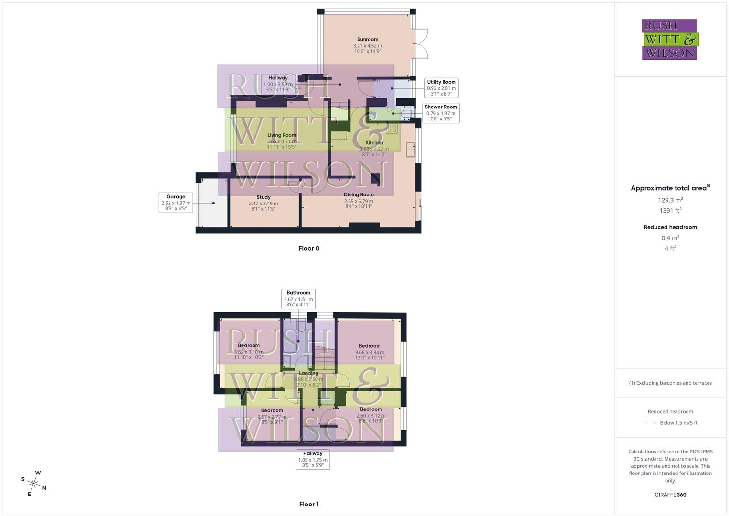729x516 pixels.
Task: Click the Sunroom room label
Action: [x=368, y=40]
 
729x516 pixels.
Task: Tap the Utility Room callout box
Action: [x=441, y=88]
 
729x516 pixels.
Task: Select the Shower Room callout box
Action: [x=441, y=113]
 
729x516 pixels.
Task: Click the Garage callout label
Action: [x=176, y=203]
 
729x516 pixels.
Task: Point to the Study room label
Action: [x=264, y=197]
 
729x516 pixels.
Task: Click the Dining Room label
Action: [x=359, y=195]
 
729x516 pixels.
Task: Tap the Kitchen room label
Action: [x=374, y=143]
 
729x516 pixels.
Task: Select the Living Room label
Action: [x=282, y=135]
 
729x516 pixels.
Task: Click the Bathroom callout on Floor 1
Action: [x=298, y=299]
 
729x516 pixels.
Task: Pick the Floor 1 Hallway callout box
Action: [x=313, y=459]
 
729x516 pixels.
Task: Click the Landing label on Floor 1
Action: [x=308, y=373]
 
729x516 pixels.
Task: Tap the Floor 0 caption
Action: [x=309, y=248]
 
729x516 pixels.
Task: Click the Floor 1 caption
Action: [x=309, y=504]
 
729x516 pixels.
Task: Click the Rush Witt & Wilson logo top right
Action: [x=669, y=40]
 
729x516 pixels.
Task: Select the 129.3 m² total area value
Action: [x=670, y=200]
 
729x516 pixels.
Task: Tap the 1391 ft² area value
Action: [x=670, y=210]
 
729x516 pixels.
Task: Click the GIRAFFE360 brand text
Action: [x=670, y=495]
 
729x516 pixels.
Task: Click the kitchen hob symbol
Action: [x=392, y=128]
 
